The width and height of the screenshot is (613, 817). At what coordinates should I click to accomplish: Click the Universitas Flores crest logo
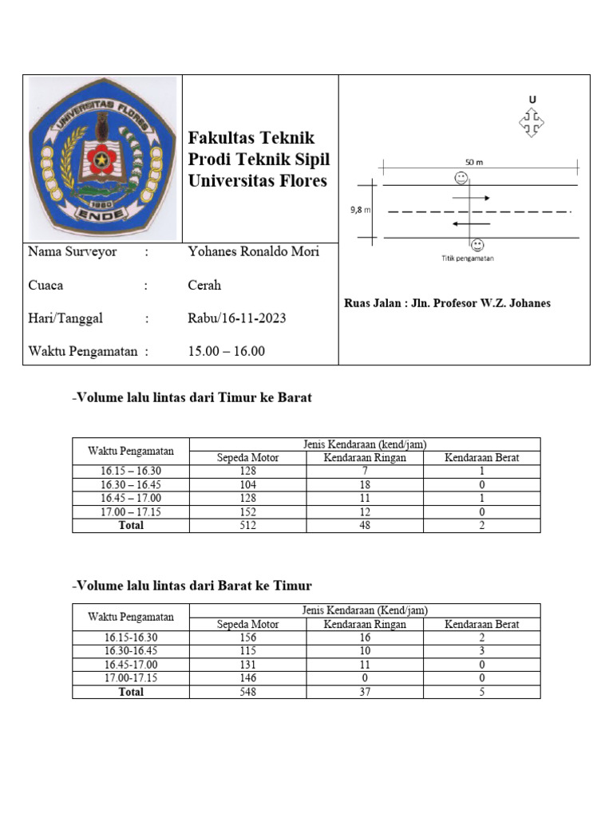[x=102, y=157]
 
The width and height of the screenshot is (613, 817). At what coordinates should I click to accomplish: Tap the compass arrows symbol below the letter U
[x=532, y=123]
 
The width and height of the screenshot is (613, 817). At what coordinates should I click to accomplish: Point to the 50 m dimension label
[x=474, y=162]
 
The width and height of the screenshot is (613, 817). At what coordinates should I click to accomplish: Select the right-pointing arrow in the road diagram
[x=471, y=197]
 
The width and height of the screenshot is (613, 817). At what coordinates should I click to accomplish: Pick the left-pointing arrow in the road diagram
[x=471, y=223]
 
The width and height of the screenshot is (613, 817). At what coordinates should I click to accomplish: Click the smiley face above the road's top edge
[x=461, y=176]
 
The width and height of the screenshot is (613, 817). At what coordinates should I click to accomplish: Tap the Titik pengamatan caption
[x=468, y=258]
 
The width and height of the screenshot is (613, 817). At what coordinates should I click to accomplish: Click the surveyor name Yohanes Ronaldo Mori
[x=253, y=252]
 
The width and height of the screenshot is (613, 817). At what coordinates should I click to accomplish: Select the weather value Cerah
[x=204, y=286]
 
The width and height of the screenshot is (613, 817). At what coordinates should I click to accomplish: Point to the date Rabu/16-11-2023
[x=236, y=319]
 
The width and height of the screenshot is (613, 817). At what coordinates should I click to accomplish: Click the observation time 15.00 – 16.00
[x=226, y=351]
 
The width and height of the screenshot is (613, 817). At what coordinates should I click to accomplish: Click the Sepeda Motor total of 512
[x=248, y=526]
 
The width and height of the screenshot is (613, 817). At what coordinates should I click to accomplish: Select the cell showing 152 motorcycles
[x=248, y=512]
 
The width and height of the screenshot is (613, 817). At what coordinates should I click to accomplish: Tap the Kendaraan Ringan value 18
[x=365, y=484]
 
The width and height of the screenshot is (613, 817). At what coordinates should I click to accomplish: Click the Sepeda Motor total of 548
[x=248, y=692]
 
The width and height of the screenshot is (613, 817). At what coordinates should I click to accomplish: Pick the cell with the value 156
[x=248, y=637]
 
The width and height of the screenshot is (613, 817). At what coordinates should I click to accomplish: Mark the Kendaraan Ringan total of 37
[x=365, y=692]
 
